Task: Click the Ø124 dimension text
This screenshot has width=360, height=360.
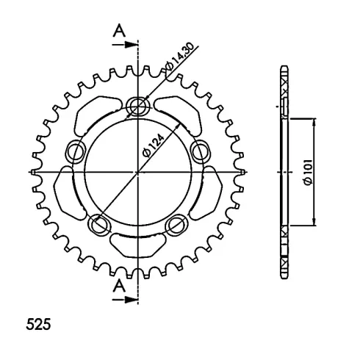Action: point(153,145)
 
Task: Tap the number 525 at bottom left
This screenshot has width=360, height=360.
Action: point(38,325)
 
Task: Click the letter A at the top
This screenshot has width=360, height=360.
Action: point(119,31)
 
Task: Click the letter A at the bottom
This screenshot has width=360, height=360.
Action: point(119,286)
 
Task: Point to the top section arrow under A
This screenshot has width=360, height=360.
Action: point(125,45)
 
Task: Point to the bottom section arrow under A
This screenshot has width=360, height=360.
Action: point(125,299)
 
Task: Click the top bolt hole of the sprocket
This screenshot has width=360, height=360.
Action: point(138,107)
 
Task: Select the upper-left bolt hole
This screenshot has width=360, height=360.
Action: point(76,152)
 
